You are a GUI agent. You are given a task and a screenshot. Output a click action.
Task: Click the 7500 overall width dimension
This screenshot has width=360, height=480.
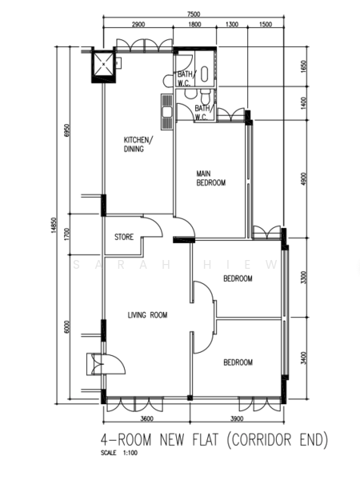(192, 14)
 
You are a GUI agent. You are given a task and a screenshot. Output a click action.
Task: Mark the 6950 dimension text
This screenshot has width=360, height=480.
(69, 130)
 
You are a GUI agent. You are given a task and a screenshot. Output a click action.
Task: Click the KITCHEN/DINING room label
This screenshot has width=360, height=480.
(137, 144)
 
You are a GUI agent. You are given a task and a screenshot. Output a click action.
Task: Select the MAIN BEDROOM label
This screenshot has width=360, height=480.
(211, 178)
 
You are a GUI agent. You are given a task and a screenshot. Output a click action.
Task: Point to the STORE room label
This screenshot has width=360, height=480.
(123, 237)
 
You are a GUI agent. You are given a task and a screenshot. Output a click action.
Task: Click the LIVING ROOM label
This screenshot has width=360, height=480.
(147, 315)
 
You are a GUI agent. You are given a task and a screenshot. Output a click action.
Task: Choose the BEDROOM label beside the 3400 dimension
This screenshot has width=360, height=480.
(238, 362)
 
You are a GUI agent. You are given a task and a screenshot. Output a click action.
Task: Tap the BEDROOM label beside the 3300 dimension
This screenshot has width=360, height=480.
(238, 278)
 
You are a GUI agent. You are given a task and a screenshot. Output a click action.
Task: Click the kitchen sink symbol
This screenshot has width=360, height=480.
(166, 111)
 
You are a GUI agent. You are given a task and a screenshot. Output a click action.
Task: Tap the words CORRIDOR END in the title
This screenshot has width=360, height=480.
(278, 439)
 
